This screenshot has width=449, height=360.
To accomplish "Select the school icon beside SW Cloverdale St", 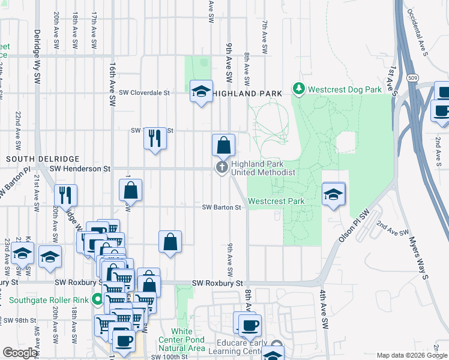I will [x=201, y=91].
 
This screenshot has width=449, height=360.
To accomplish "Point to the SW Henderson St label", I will [x=81, y=169].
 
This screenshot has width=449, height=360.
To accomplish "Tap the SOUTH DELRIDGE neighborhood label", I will [x=42, y=158].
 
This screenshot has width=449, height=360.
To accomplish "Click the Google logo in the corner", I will [x=20, y=353].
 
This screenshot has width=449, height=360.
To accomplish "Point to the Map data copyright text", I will [x=412, y=356].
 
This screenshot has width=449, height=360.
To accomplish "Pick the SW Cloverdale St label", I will [x=145, y=93].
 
